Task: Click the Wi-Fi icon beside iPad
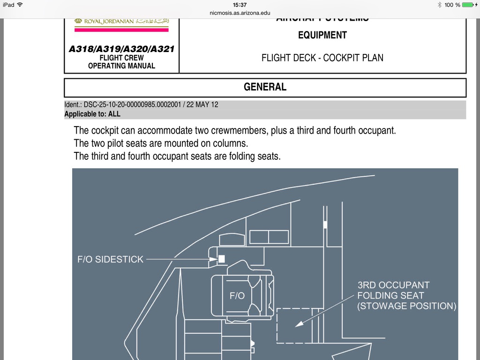pos(20,5)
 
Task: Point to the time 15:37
pos(240,5)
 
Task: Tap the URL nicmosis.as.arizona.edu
pos(240,13)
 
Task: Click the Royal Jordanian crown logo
pos(78,21)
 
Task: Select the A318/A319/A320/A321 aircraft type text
pos(121,49)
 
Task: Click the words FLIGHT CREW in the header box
pos(121,58)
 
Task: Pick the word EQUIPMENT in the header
pos(322,35)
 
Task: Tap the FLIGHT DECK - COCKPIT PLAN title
pos(322,58)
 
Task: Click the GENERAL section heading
pos(265,87)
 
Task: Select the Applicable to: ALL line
pos(92,114)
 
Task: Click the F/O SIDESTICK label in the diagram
pos(111,259)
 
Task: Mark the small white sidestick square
pos(222,258)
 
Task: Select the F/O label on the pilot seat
pos(237,296)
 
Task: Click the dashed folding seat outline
pos(294,326)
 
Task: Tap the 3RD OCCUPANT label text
pos(394,285)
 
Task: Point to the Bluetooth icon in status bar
pos(439,5)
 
